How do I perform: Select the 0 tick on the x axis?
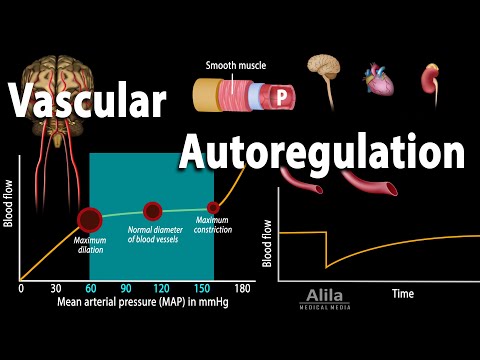(x=21, y=288)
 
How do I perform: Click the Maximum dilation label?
(x=89, y=246)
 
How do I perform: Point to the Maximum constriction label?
(x=213, y=225)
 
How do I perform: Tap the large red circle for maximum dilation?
(x=90, y=220)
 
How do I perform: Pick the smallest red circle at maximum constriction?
(x=213, y=207)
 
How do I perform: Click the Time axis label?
(x=402, y=294)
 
